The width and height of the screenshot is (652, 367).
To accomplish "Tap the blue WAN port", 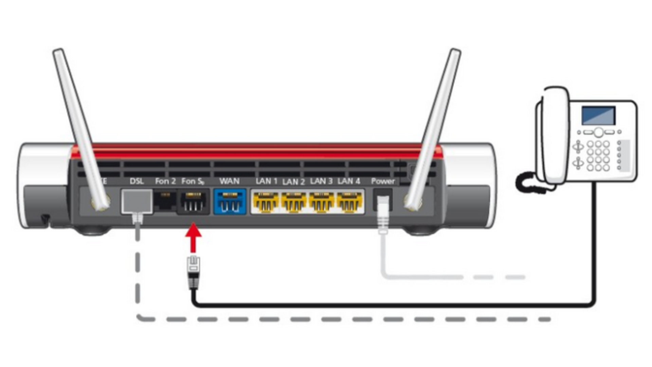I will (x=230, y=202).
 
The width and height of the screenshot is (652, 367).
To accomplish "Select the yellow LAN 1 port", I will (x=265, y=202).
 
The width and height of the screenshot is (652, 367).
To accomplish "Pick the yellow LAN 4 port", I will (x=348, y=202).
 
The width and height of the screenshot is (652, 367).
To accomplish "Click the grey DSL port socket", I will (x=137, y=202).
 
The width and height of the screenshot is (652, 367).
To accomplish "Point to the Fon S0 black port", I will (x=193, y=202).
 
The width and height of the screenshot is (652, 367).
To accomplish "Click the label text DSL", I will (x=137, y=181).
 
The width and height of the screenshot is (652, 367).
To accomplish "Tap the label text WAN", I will (x=229, y=181).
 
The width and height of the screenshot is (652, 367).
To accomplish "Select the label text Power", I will (x=383, y=181).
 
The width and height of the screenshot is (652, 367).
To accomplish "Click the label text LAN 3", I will (x=321, y=181).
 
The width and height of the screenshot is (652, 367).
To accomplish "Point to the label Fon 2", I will (x=165, y=181).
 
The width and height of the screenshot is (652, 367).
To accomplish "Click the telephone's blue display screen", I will (x=598, y=116).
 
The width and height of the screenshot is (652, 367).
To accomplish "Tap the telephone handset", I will (x=554, y=136).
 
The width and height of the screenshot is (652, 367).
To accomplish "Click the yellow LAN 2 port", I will (x=293, y=202).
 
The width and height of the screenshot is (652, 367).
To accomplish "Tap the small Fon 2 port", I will (x=165, y=201).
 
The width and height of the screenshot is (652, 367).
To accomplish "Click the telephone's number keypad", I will (x=598, y=156).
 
